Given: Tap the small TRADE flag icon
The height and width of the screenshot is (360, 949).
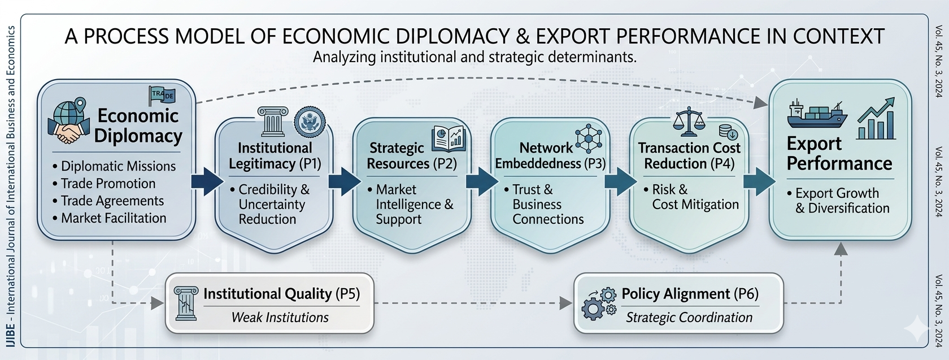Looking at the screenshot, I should tap(162, 96).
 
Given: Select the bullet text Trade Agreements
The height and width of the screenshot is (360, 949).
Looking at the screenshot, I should tap(112, 201).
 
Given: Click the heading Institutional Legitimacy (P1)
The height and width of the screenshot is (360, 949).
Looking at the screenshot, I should tap(275, 156).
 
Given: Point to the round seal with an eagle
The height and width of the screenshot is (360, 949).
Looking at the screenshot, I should tap(310, 120).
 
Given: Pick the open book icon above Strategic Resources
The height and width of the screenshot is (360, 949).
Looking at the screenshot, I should tap(449, 138).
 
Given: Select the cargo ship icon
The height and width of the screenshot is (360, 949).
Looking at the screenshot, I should tap(816, 116).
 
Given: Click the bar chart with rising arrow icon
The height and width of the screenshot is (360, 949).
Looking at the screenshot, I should tap(876, 118).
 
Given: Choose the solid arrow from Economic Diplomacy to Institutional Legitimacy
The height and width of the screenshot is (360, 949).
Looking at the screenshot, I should tap(207, 181).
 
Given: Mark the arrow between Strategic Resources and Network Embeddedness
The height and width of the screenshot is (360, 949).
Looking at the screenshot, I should tap(481, 181).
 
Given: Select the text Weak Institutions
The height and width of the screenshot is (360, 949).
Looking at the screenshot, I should tap(280, 318).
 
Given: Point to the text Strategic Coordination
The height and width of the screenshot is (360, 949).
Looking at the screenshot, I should tap(689, 318).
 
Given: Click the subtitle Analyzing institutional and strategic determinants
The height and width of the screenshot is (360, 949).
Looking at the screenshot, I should tap(474, 57).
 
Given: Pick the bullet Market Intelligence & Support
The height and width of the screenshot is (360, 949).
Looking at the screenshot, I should tap(414, 205).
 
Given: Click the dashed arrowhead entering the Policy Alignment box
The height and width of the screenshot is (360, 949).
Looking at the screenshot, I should tap(566, 303).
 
